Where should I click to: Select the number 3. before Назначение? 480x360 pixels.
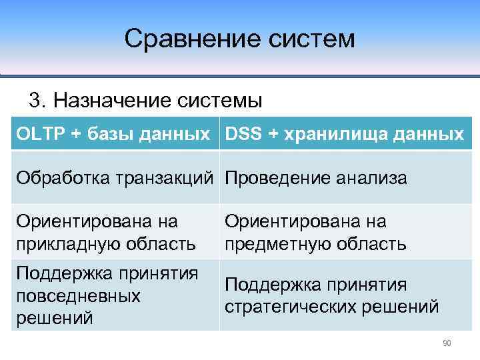(x=38, y=101)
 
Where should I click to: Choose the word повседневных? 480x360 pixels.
(x=78, y=295)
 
